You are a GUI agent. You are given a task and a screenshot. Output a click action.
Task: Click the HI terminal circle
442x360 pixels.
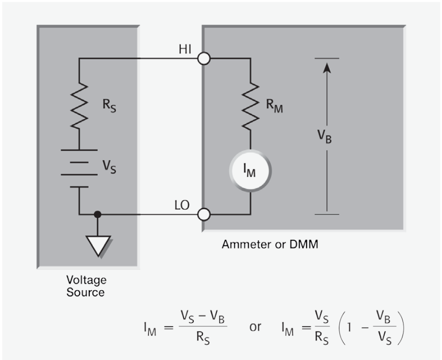point(204,59)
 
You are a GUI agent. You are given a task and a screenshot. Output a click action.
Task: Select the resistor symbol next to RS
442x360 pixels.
point(79,106)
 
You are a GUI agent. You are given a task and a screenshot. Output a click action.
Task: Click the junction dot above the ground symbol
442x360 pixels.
point(98,213)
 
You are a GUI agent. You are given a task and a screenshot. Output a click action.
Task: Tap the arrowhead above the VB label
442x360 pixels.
point(327,68)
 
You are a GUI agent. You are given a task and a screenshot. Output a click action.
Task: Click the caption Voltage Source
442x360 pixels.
point(87,286)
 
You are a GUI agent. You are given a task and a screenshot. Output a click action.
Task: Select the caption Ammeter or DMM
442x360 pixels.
point(269,244)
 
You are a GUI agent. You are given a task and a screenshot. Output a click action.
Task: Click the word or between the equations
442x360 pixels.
point(255,327)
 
